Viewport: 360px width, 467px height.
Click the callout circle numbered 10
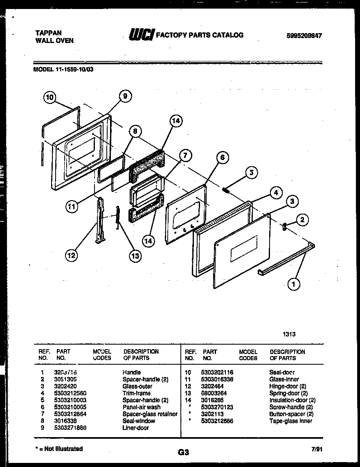pyautogui.click(x=49, y=98)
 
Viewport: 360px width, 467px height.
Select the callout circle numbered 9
pyautogui.click(x=125, y=96)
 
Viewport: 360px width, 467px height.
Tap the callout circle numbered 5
pyautogui.click(x=252, y=172)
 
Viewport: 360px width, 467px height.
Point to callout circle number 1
pyautogui.click(x=293, y=284)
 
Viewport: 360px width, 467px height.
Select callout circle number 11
pyautogui.click(x=72, y=206)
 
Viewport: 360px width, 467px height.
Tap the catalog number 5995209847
pyautogui.click(x=304, y=36)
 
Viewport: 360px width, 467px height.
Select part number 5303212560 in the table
pyautogui.click(x=70, y=393)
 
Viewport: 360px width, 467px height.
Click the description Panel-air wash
pyautogui.click(x=142, y=407)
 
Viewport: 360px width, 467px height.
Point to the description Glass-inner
pyautogui.click(x=284, y=379)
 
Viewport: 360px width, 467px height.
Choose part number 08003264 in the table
pyautogui.click(x=214, y=393)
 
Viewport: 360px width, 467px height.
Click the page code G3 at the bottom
pyautogui.click(x=183, y=452)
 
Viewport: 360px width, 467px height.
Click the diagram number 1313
pyautogui.click(x=289, y=334)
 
